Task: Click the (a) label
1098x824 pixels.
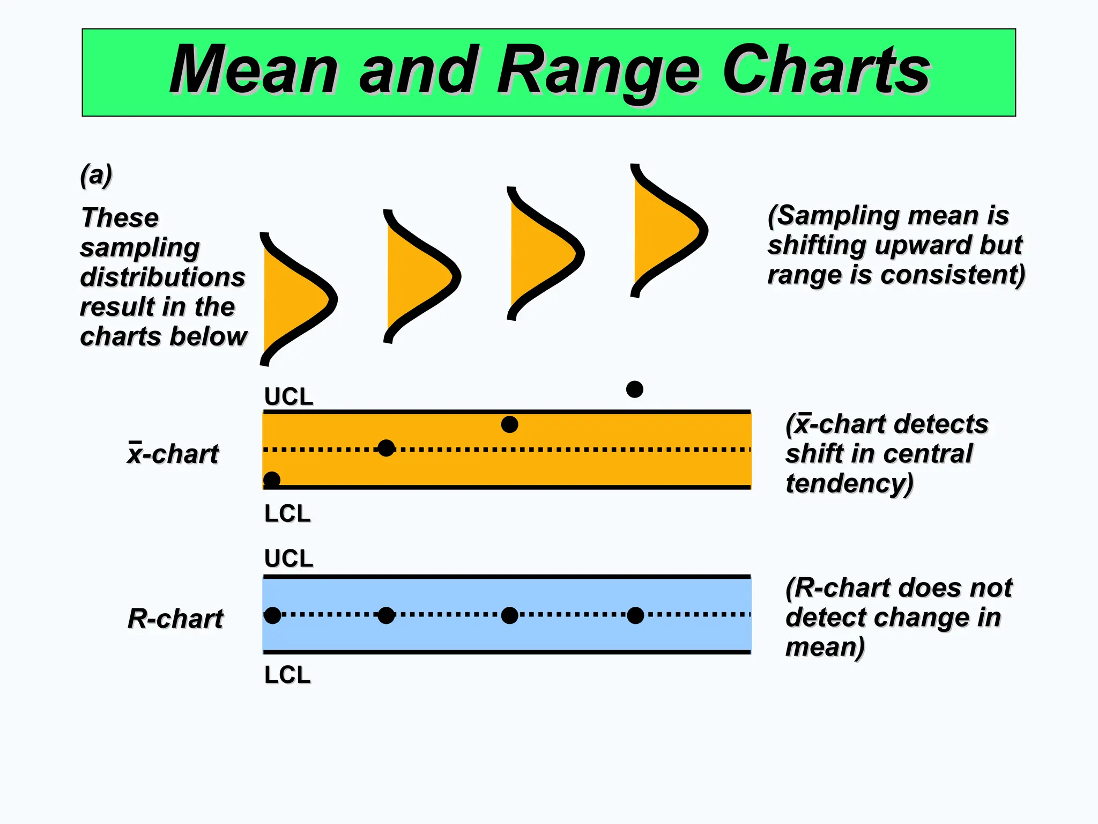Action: [96, 175]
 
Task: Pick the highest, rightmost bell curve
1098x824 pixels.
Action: [665, 231]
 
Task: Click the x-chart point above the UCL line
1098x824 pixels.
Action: [634, 389]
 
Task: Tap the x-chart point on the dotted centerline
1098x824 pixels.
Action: [386, 448]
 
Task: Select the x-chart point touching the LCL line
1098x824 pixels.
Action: [272, 480]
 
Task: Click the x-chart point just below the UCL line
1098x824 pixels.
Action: [509, 424]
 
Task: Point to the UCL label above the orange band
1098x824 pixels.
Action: [288, 397]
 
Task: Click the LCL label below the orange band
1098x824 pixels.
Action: [287, 514]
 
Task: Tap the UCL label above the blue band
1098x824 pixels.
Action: [288, 558]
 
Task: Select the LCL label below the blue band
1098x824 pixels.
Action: [287, 675]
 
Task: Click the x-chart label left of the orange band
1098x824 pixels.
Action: [173, 454]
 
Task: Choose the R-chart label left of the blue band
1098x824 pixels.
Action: [175, 619]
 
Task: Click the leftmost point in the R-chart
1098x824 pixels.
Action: [272, 615]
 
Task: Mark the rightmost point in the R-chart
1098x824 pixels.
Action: [635, 615]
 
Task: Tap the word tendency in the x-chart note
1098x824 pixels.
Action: [849, 483]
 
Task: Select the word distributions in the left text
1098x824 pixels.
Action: [162, 277]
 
